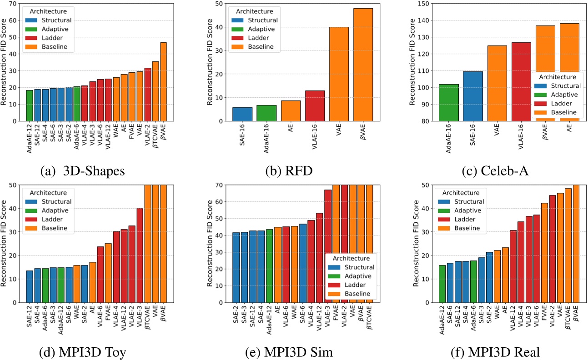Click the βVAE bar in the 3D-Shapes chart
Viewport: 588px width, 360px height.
tap(163, 82)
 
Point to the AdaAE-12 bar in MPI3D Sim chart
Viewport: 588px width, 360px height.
tap(269, 265)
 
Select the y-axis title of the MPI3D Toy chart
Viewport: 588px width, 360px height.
tap(4, 243)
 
